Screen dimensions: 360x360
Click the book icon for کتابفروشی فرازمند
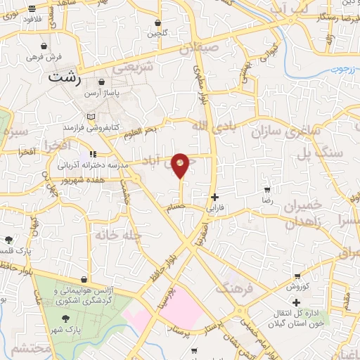(x=90, y=116)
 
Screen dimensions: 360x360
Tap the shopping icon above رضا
(x=267, y=190)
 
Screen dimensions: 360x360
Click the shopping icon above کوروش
(x=297, y=275)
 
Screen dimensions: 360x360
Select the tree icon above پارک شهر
(x=65, y=319)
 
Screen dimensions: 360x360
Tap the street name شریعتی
(x=133, y=67)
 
